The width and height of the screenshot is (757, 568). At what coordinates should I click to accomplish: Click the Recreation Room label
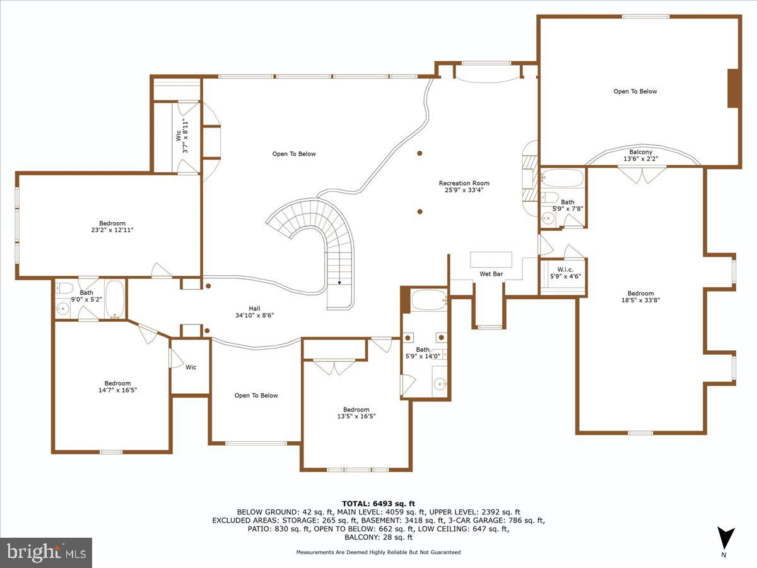(x=464, y=184)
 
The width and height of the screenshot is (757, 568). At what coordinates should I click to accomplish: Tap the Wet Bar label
(x=490, y=275)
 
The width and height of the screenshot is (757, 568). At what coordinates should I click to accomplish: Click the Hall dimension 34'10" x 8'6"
(x=255, y=315)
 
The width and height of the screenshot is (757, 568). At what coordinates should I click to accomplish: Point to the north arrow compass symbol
(x=725, y=538)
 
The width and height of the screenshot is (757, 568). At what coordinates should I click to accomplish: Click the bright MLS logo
(x=46, y=552)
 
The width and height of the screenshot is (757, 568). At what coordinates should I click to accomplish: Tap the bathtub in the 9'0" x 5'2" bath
(x=115, y=299)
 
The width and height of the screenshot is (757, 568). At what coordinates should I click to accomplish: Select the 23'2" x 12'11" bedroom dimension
(x=112, y=230)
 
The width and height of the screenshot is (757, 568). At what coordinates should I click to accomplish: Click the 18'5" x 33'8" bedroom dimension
(x=640, y=300)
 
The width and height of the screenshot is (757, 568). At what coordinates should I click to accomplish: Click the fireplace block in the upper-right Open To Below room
(x=733, y=88)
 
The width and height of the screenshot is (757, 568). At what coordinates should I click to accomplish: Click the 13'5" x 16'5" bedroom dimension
(x=356, y=416)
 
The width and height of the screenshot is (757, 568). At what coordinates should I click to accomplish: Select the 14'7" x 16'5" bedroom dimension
(x=113, y=390)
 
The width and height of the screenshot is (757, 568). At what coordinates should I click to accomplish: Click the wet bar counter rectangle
(x=491, y=259)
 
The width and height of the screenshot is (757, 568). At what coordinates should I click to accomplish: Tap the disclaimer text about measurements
(x=378, y=552)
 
